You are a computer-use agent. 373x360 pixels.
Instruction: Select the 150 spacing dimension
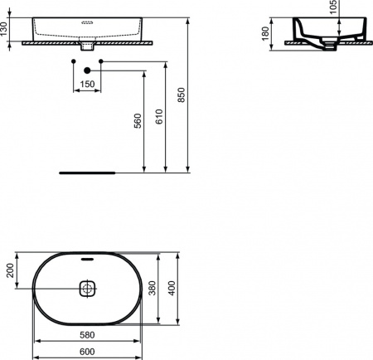(x=86, y=84)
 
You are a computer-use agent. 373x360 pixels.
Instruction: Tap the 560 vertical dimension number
(x=138, y=122)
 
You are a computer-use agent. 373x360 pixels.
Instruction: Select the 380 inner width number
(x=152, y=288)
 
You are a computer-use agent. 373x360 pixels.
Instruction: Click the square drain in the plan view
(x=87, y=289)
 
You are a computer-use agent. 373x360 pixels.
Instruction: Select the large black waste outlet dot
(x=86, y=72)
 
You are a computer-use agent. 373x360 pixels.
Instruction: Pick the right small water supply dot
(x=100, y=61)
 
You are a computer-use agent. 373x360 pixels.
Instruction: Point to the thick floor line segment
(x=86, y=173)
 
